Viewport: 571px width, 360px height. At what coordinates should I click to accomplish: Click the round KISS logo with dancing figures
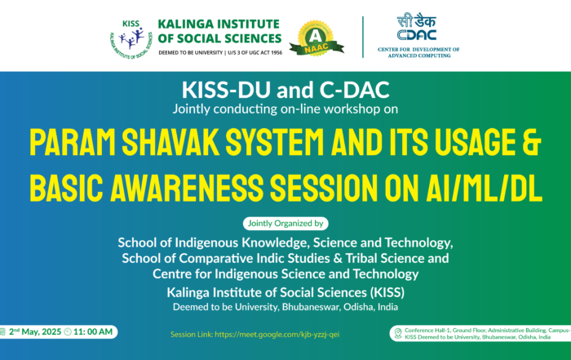131,39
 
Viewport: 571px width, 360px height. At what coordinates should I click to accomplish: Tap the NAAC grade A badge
316,39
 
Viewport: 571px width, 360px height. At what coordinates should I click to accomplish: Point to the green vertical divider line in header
363,38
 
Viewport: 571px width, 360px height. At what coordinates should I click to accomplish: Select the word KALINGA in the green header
184,24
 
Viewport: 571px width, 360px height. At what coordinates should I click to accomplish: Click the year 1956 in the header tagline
276,53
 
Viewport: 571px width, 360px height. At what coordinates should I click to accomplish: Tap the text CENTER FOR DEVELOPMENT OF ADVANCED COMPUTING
418,52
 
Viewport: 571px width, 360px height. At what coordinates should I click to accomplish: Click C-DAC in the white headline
354,90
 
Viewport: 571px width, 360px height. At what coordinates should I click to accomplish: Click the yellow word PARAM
73,142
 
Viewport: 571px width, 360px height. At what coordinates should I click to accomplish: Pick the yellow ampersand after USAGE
532,142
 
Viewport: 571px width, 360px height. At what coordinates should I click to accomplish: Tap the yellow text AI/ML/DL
484,188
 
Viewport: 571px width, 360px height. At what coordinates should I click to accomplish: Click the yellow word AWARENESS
187,188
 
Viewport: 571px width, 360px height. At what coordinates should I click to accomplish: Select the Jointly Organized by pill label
285,224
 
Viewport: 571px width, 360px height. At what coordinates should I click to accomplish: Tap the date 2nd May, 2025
35,332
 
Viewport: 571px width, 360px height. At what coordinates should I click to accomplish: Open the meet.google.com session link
277,335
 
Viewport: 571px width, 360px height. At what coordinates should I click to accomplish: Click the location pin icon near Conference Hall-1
398,333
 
